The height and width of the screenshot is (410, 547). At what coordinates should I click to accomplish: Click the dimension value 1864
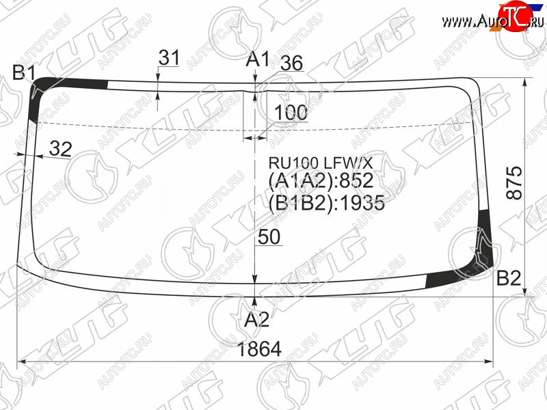click(x=259, y=348)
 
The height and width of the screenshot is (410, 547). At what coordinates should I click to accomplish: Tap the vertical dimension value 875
click(x=515, y=182)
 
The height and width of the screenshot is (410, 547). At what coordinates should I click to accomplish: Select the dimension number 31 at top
click(x=169, y=57)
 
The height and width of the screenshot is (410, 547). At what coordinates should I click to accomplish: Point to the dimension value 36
click(x=292, y=63)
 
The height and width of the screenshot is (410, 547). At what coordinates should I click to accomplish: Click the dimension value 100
click(x=291, y=112)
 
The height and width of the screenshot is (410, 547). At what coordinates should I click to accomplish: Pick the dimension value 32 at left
click(x=60, y=149)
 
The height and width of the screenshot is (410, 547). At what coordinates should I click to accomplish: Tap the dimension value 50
click(x=269, y=236)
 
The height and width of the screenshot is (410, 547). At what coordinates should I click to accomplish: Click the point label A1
click(x=258, y=59)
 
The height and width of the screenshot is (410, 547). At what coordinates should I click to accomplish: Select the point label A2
click(x=257, y=319)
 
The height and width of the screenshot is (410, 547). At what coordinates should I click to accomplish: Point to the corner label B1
click(x=24, y=72)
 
